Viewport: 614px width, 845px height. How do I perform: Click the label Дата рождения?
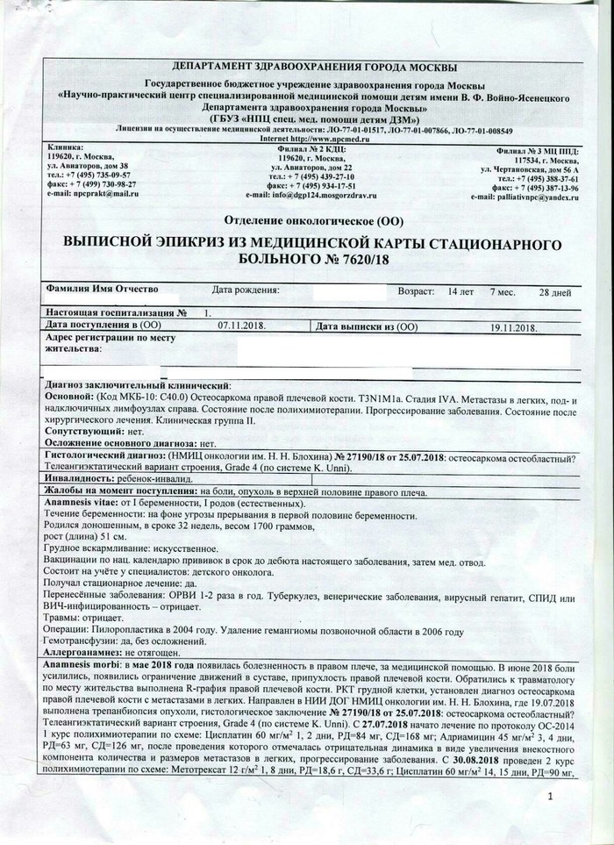pos(245,290)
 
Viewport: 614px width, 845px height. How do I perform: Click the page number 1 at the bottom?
pos(550,796)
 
